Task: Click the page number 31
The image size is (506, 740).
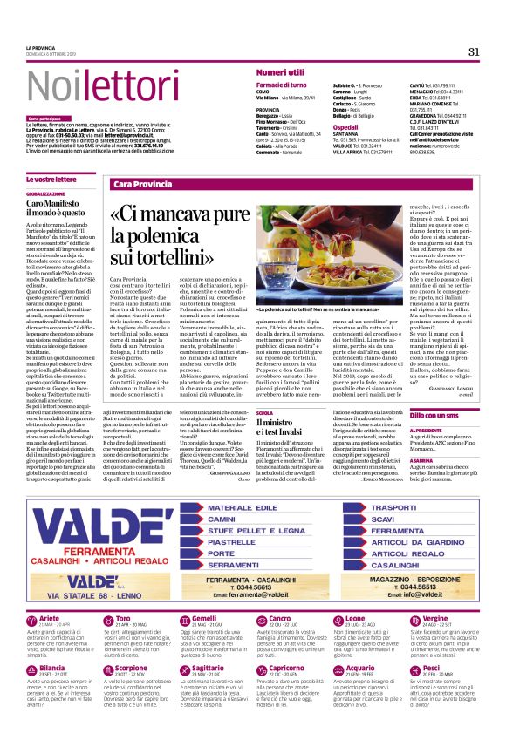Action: [x=474, y=51]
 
